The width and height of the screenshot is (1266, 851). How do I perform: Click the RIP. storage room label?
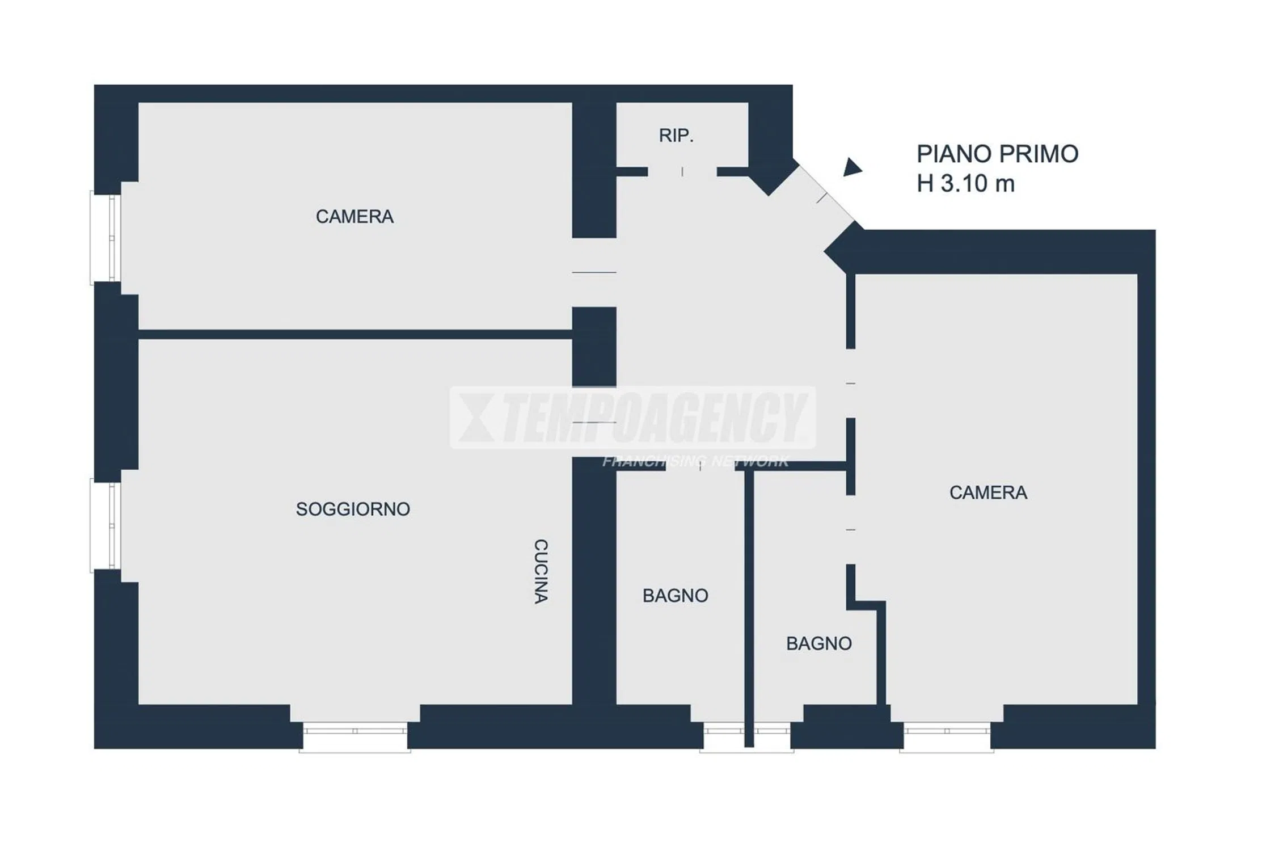click(x=676, y=136)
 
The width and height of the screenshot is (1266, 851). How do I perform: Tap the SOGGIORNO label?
click(x=353, y=509)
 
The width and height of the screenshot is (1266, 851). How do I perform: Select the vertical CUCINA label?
click(x=541, y=571)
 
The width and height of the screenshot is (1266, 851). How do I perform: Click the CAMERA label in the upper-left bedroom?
click(x=355, y=216)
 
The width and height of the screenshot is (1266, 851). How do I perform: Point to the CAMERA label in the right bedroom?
click(x=988, y=492)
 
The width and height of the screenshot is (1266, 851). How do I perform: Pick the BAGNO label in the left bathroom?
click(x=675, y=595)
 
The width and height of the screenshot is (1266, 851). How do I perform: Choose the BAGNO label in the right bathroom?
click(x=818, y=643)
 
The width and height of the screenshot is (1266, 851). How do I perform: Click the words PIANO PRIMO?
click(x=997, y=154)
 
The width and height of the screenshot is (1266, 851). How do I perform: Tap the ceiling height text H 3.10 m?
click(x=965, y=183)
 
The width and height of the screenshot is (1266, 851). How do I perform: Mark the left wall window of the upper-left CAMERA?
click(x=106, y=238)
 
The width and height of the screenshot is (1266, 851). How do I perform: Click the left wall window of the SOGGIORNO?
click(x=106, y=525)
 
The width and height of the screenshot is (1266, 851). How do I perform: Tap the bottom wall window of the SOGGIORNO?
click(x=355, y=736)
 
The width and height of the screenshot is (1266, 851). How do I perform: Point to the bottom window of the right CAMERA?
click(x=947, y=736)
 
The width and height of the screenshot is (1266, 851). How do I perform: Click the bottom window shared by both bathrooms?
click(x=746, y=736)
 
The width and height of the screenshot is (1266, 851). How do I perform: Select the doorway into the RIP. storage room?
click(x=682, y=171)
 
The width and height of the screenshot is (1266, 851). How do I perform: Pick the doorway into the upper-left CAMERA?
click(x=594, y=272)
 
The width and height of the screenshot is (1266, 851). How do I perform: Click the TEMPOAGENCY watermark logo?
click(x=633, y=418)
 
